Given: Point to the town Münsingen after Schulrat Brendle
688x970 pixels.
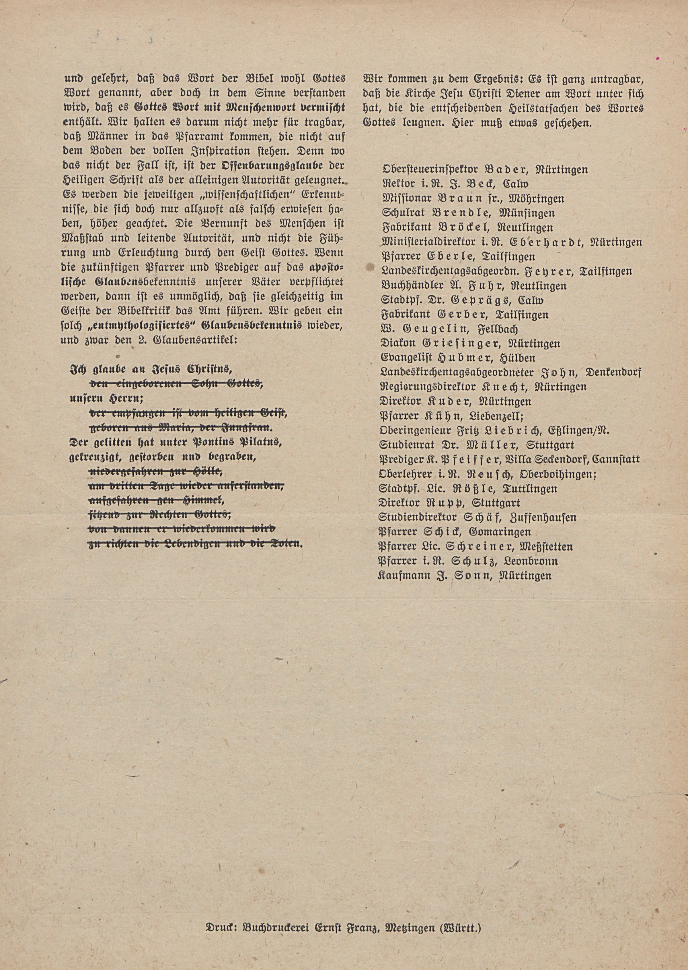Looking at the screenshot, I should tap(527, 213).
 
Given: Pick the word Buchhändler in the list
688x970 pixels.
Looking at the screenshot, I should tap(408, 285).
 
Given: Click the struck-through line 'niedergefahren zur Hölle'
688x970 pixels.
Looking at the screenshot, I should tap(155, 471).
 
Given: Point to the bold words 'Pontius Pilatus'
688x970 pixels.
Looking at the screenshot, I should tap(237, 443).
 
